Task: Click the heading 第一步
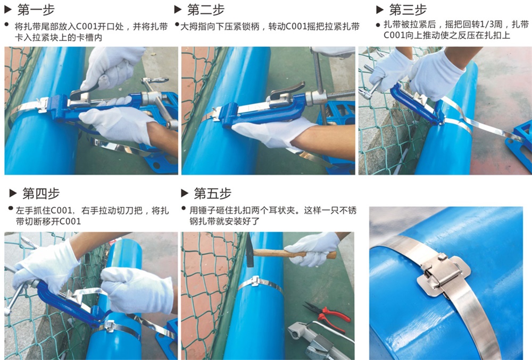36,10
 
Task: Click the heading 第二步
206,10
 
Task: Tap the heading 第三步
408,10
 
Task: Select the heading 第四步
41,194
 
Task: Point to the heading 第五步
212,194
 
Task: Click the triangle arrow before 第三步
380,10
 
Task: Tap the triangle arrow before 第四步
13,194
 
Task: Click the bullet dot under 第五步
184,208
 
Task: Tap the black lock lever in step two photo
288,90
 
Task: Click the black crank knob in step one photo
156,81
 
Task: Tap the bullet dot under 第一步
6,24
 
